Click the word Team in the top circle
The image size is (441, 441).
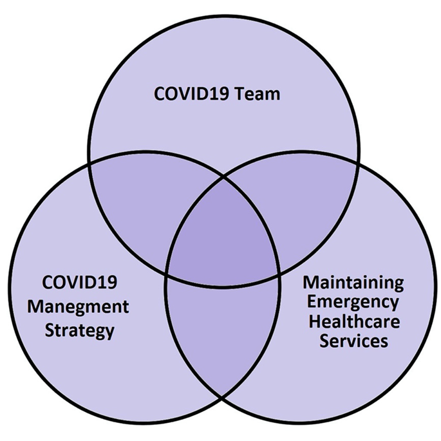(258, 94)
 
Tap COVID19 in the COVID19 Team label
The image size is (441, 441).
(191, 94)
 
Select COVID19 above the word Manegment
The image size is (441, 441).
(79, 282)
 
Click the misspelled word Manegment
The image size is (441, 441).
(78, 306)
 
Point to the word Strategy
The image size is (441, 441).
(80, 330)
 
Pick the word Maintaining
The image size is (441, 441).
(353, 283)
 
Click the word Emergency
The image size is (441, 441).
(353, 303)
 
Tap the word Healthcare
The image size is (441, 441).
(354, 321)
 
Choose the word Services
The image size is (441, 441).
(354, 341)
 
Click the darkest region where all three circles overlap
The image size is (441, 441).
(223, 239)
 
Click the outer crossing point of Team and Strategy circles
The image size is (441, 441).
(89, 164)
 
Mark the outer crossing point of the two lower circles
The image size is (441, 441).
(222, 397)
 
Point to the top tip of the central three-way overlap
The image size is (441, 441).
(223, 178)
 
